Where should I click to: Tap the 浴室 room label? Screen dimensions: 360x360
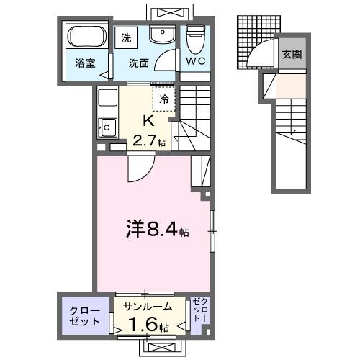pos(84,63)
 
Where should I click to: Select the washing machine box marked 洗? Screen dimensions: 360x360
pos(127,36)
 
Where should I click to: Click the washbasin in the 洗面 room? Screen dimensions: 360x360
pos(159,34)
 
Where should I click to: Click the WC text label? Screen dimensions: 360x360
pos(196,61)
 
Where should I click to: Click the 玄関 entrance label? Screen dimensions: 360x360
pos(291,53)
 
